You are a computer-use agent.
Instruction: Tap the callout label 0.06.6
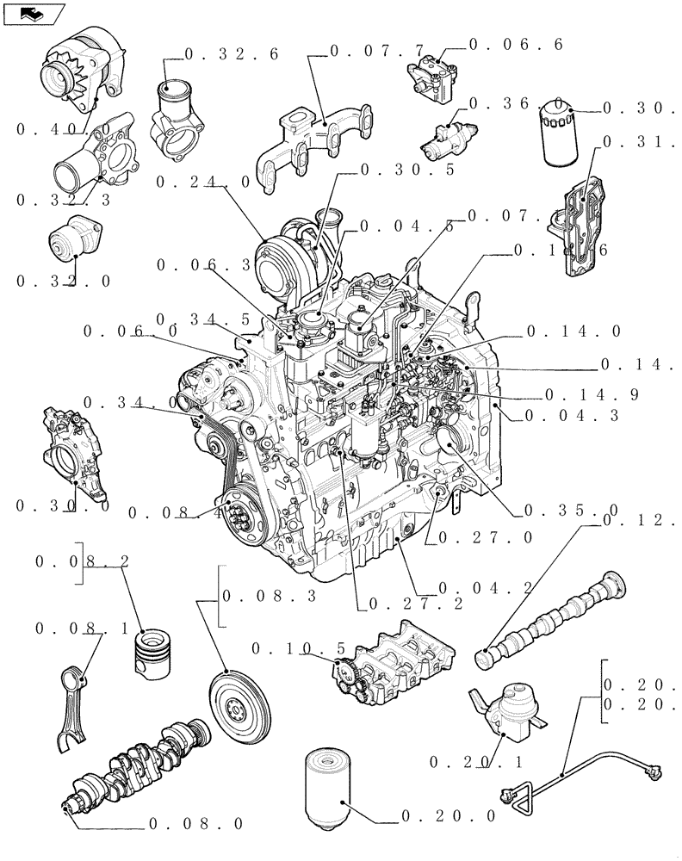click(x=516, y=44)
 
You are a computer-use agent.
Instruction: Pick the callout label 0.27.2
click(x=415, y=604)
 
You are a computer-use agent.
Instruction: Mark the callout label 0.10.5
click(x=298, y=647)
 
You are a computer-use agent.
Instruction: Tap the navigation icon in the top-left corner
click(x=34, y=14)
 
